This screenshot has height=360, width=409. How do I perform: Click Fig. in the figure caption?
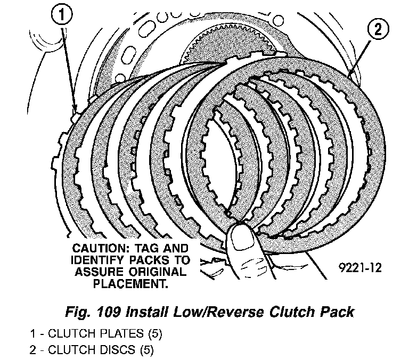(75, 311)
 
